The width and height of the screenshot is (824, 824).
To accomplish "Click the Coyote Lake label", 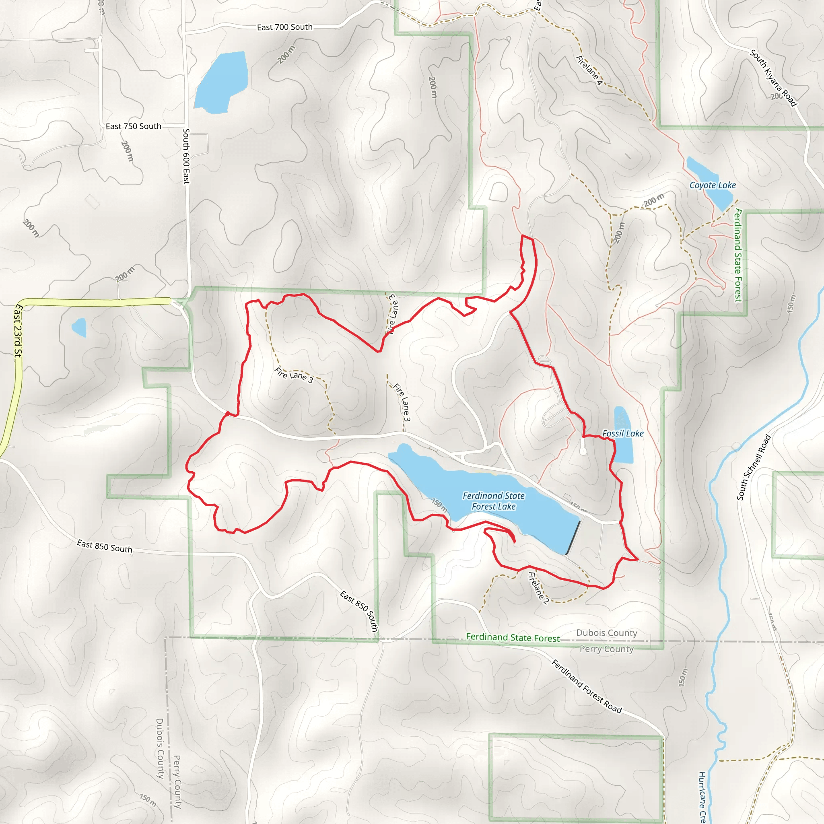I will click(713, 185).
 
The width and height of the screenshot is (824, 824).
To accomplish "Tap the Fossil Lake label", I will click(623, 433).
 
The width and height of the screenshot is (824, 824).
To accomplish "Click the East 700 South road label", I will click(284, 27).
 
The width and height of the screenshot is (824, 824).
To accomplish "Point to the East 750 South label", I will click(134, 126).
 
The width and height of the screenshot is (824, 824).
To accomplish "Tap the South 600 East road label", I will click(186, 156).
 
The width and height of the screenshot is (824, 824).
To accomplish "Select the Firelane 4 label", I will click(589, 70).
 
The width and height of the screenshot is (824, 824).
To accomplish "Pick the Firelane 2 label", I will click(538, 588).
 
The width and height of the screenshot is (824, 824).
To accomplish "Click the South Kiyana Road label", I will click(773, 78).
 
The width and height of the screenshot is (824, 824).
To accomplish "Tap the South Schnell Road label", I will click(754, 467).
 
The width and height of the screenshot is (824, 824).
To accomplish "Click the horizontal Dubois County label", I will click(606, 633).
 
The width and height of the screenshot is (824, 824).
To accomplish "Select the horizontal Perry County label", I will click(606, 649).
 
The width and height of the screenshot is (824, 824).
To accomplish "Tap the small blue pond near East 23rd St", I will click(79, 327).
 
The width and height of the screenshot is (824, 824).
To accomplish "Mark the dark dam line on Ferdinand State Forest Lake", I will click(573, 538).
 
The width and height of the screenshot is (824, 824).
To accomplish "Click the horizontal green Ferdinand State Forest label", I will click(513, 638).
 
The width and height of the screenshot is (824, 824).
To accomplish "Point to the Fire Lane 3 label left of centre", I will click(294, 375).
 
